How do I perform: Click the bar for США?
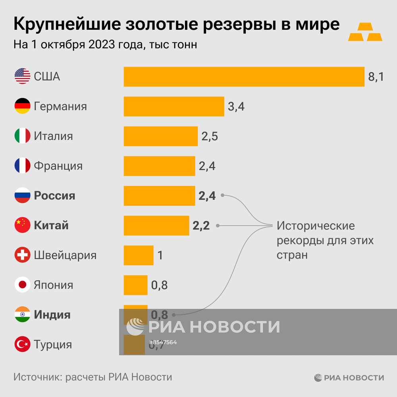tap(244, 77)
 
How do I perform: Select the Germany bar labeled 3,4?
tap(174, 106)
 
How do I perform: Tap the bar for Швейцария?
tap(139, 255)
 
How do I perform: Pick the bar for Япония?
tap(135, 285)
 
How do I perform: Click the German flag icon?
tap(23, 106)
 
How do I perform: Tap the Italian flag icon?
tap(23, 136)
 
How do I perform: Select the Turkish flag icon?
tap(23, 344)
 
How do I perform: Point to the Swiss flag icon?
tap(23, 255)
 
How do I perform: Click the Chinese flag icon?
tap(23, 225)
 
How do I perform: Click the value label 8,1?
tap(376, 77)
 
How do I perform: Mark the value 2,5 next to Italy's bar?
tap(210, 136)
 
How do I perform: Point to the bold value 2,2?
tap(201, 225)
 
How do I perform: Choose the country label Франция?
tap(58, 166)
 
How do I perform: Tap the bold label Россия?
tap(54, 196)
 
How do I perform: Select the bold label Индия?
tap(52, 315)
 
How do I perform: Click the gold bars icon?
tap(365, 32)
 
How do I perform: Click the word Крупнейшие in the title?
tap(67, 25)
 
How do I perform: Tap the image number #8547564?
tap(163, 342)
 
